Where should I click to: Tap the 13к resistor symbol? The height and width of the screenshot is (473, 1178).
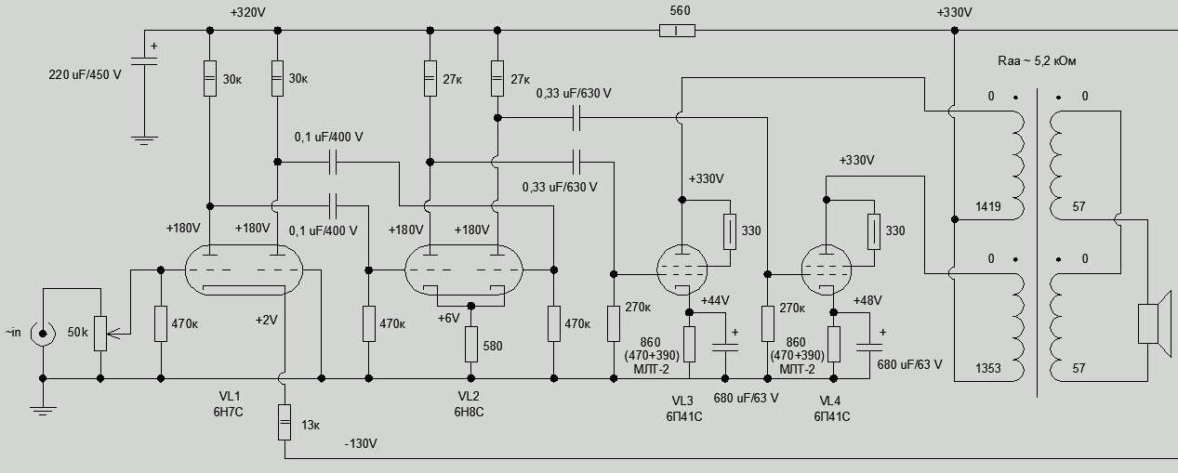[x=285, y=424]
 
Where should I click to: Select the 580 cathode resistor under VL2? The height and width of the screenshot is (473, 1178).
[x=471, y=344]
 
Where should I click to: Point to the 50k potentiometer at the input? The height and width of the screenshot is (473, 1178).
[x=100, y=331]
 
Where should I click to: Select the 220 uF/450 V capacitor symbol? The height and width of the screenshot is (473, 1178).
[x=141, y=62]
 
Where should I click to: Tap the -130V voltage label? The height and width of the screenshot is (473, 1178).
[x=360, y=443]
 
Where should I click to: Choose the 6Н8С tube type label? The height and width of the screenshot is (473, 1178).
[x=470, y=411]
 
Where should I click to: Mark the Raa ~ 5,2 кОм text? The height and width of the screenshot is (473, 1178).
[x=1037, y=61]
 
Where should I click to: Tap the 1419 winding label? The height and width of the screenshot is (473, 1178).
[x=987, y=207]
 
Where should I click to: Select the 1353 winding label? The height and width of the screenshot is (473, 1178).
[x=987, y=369]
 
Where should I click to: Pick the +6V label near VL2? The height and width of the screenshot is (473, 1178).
[x=449, y=317]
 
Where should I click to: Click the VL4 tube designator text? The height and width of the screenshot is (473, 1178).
[x=831, y=401]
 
